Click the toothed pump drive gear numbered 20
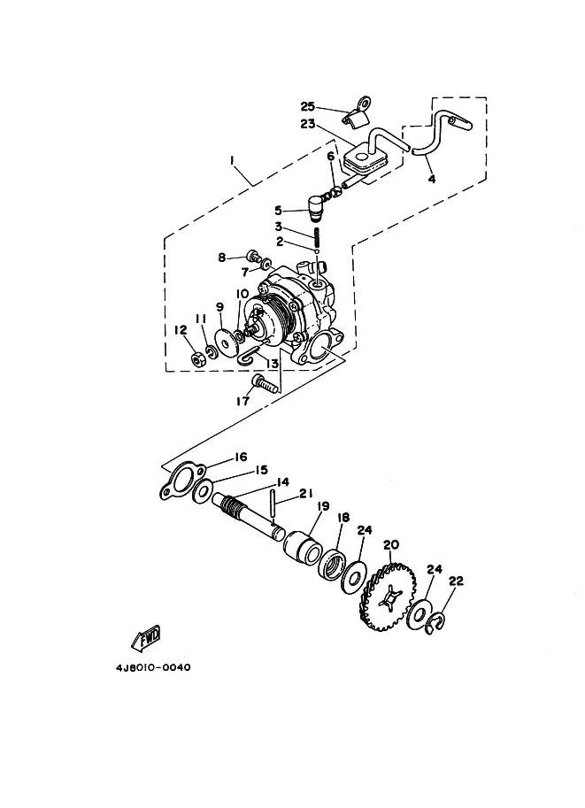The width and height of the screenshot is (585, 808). click(x=388, y=596)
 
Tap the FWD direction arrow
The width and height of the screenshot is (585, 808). click(x=146, y=637)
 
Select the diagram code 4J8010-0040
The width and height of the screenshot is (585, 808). click(x=153, y=667)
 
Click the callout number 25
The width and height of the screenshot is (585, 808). click(x=308, y=107)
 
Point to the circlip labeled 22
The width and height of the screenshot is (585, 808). click(x=435, y=622)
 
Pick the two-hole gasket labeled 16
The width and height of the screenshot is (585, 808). click(x=181, y=481)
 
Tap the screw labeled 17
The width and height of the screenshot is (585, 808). click(x=262, y=383)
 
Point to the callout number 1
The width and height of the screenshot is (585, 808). click(x=232, y=161)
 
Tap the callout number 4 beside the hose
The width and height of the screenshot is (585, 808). click(x=432, y=180)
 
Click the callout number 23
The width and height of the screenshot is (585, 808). click(x=308, y=124)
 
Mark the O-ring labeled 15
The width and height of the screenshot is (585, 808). click(x=202, y=491)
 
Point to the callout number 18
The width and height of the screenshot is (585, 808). click(x=343, y=518)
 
